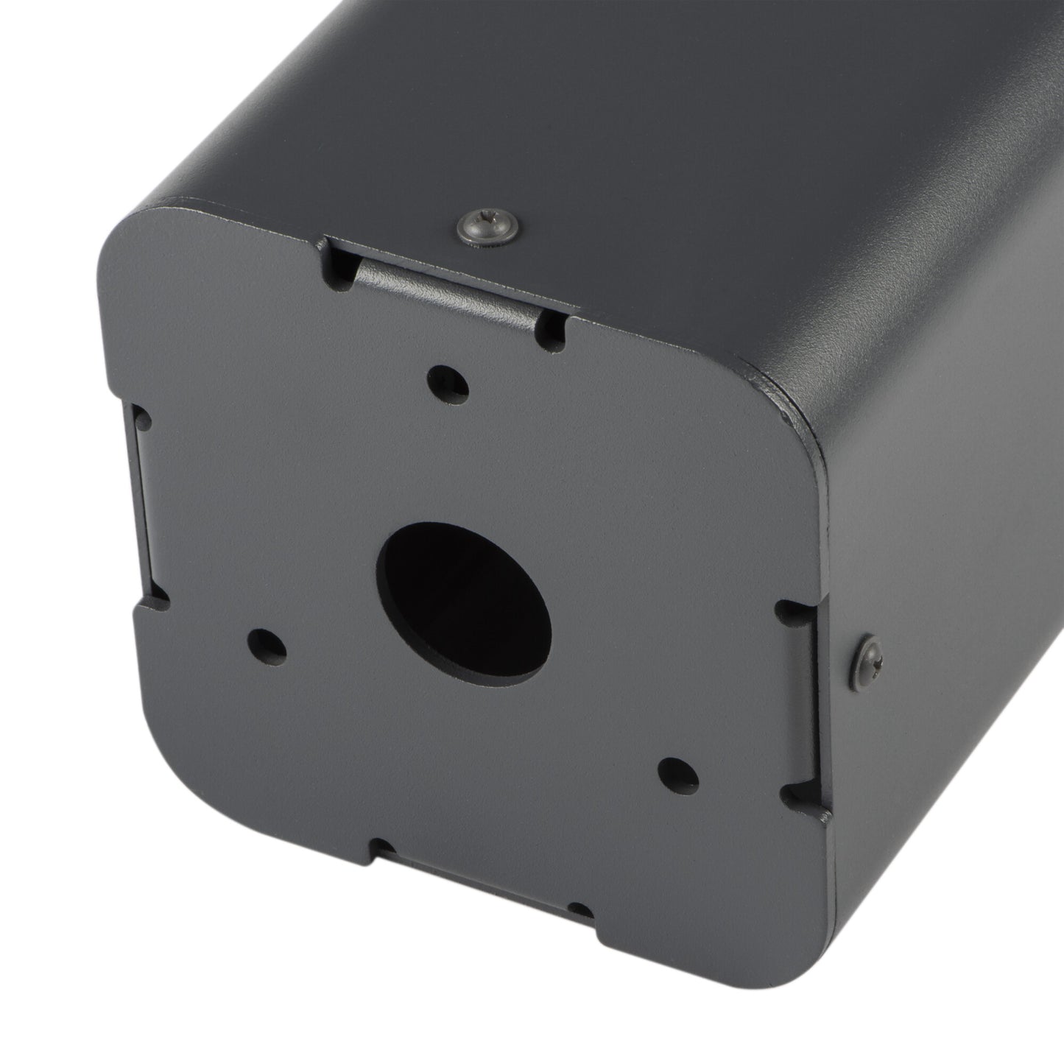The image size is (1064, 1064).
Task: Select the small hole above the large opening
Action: [449, 381]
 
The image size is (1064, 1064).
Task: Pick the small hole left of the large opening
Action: [267, 644]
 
